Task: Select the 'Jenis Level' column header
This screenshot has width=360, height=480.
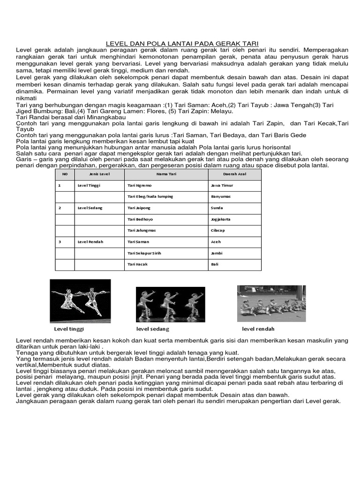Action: click(99, 174)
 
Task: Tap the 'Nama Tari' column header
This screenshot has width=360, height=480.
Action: click(166, 174)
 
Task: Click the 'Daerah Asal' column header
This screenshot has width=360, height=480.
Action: click(234, 174)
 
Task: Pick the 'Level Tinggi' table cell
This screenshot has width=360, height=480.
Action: click(89, 186)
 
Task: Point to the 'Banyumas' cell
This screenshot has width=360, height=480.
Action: click(221, 197)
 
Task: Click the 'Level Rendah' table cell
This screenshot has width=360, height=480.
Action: click(90, 242)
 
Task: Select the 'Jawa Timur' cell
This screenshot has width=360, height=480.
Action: click(222, 186)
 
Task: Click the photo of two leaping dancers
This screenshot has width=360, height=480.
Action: click(80, 300)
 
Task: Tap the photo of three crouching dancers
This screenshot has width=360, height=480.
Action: click(170, 304)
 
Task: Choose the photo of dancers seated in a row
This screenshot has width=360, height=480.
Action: click(271, 303)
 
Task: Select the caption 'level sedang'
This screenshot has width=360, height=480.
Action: click(152, 329)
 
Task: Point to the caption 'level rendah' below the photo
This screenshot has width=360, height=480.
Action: click(258, 329)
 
